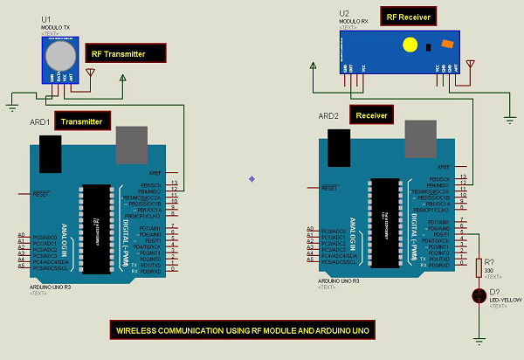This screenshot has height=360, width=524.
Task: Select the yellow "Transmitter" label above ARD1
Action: click(82, 121)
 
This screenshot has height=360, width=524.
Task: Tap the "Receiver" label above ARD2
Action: click(372, 114)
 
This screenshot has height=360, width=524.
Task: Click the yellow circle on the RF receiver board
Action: click(408, 44)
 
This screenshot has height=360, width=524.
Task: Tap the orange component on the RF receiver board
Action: click(447, 44)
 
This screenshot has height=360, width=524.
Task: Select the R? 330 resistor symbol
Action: click(479, 267)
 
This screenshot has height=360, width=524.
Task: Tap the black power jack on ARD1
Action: click(50, 149)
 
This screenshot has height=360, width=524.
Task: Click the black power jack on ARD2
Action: click(338, 144)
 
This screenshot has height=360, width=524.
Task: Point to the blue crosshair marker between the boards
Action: click(252, 178)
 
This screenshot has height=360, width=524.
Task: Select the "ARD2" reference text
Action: click(327, 115)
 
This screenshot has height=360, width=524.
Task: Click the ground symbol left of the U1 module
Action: click(12, 107)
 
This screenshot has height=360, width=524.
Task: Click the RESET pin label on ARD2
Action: click(329, 188)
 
